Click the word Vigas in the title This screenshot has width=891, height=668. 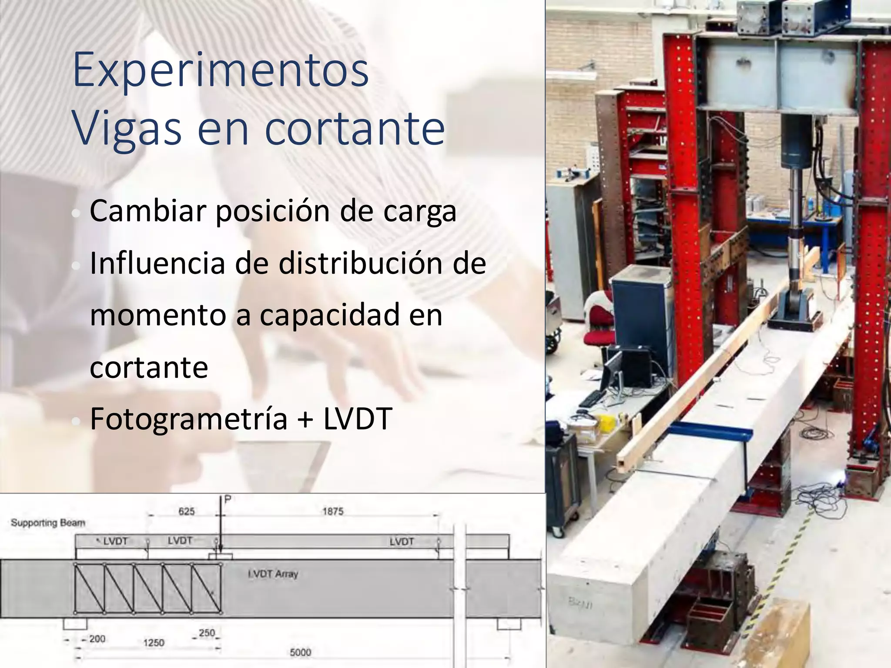[127, 128]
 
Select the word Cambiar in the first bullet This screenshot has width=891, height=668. [148, 211]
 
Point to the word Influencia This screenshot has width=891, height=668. [157, 264]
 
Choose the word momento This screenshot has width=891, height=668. [158, 315]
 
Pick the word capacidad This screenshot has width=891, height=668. [329, 316]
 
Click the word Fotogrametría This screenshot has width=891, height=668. [188, 419]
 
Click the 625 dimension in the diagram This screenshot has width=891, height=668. [187, 511]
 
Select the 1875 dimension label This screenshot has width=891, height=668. [333, 511]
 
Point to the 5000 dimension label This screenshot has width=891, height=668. [301, 652]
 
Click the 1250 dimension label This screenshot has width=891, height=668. [154, 643]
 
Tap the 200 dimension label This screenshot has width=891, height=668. [97, 639]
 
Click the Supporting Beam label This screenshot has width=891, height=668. [48, 523]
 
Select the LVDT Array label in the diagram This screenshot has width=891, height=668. [273, 574]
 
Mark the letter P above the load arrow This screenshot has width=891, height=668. [227, 500]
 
